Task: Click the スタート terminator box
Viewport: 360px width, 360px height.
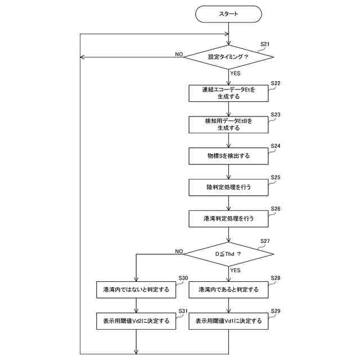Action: (x=228, y=13)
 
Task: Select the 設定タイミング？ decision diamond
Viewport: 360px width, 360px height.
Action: (x=228, y=57)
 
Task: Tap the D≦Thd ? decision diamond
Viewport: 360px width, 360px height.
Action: (x=228, y=254)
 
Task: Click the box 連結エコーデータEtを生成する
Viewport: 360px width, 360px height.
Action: (x=228, y=93)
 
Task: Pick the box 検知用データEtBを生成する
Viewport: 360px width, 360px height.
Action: (x=228, y=124)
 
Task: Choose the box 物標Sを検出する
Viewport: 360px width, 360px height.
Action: (x=228, y=155)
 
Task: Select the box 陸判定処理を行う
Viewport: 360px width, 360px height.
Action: (x=228, y=186)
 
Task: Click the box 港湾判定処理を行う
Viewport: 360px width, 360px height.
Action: (x=228, y=218)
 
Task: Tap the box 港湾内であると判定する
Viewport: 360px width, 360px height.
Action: (x=228, y=290)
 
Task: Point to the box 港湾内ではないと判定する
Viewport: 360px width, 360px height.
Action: (x=137, y=290)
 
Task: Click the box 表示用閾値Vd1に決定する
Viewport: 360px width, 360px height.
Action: (x=228, y=321)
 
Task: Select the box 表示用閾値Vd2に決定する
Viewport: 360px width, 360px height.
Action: (x=137, y=321)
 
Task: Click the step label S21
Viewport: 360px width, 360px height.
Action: (x=265, y=44)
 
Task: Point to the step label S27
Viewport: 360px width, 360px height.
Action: (x=265, y=241)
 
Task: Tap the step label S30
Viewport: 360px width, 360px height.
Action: (x=183, y=278)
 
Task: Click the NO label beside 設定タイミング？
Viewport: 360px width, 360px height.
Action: (x=179, y=54)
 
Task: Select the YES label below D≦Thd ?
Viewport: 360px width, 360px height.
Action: (x=235, y=270)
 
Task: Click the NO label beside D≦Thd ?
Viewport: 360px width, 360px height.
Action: (x=179, y=251)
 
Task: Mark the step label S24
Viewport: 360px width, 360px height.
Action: (x=276, y=146)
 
